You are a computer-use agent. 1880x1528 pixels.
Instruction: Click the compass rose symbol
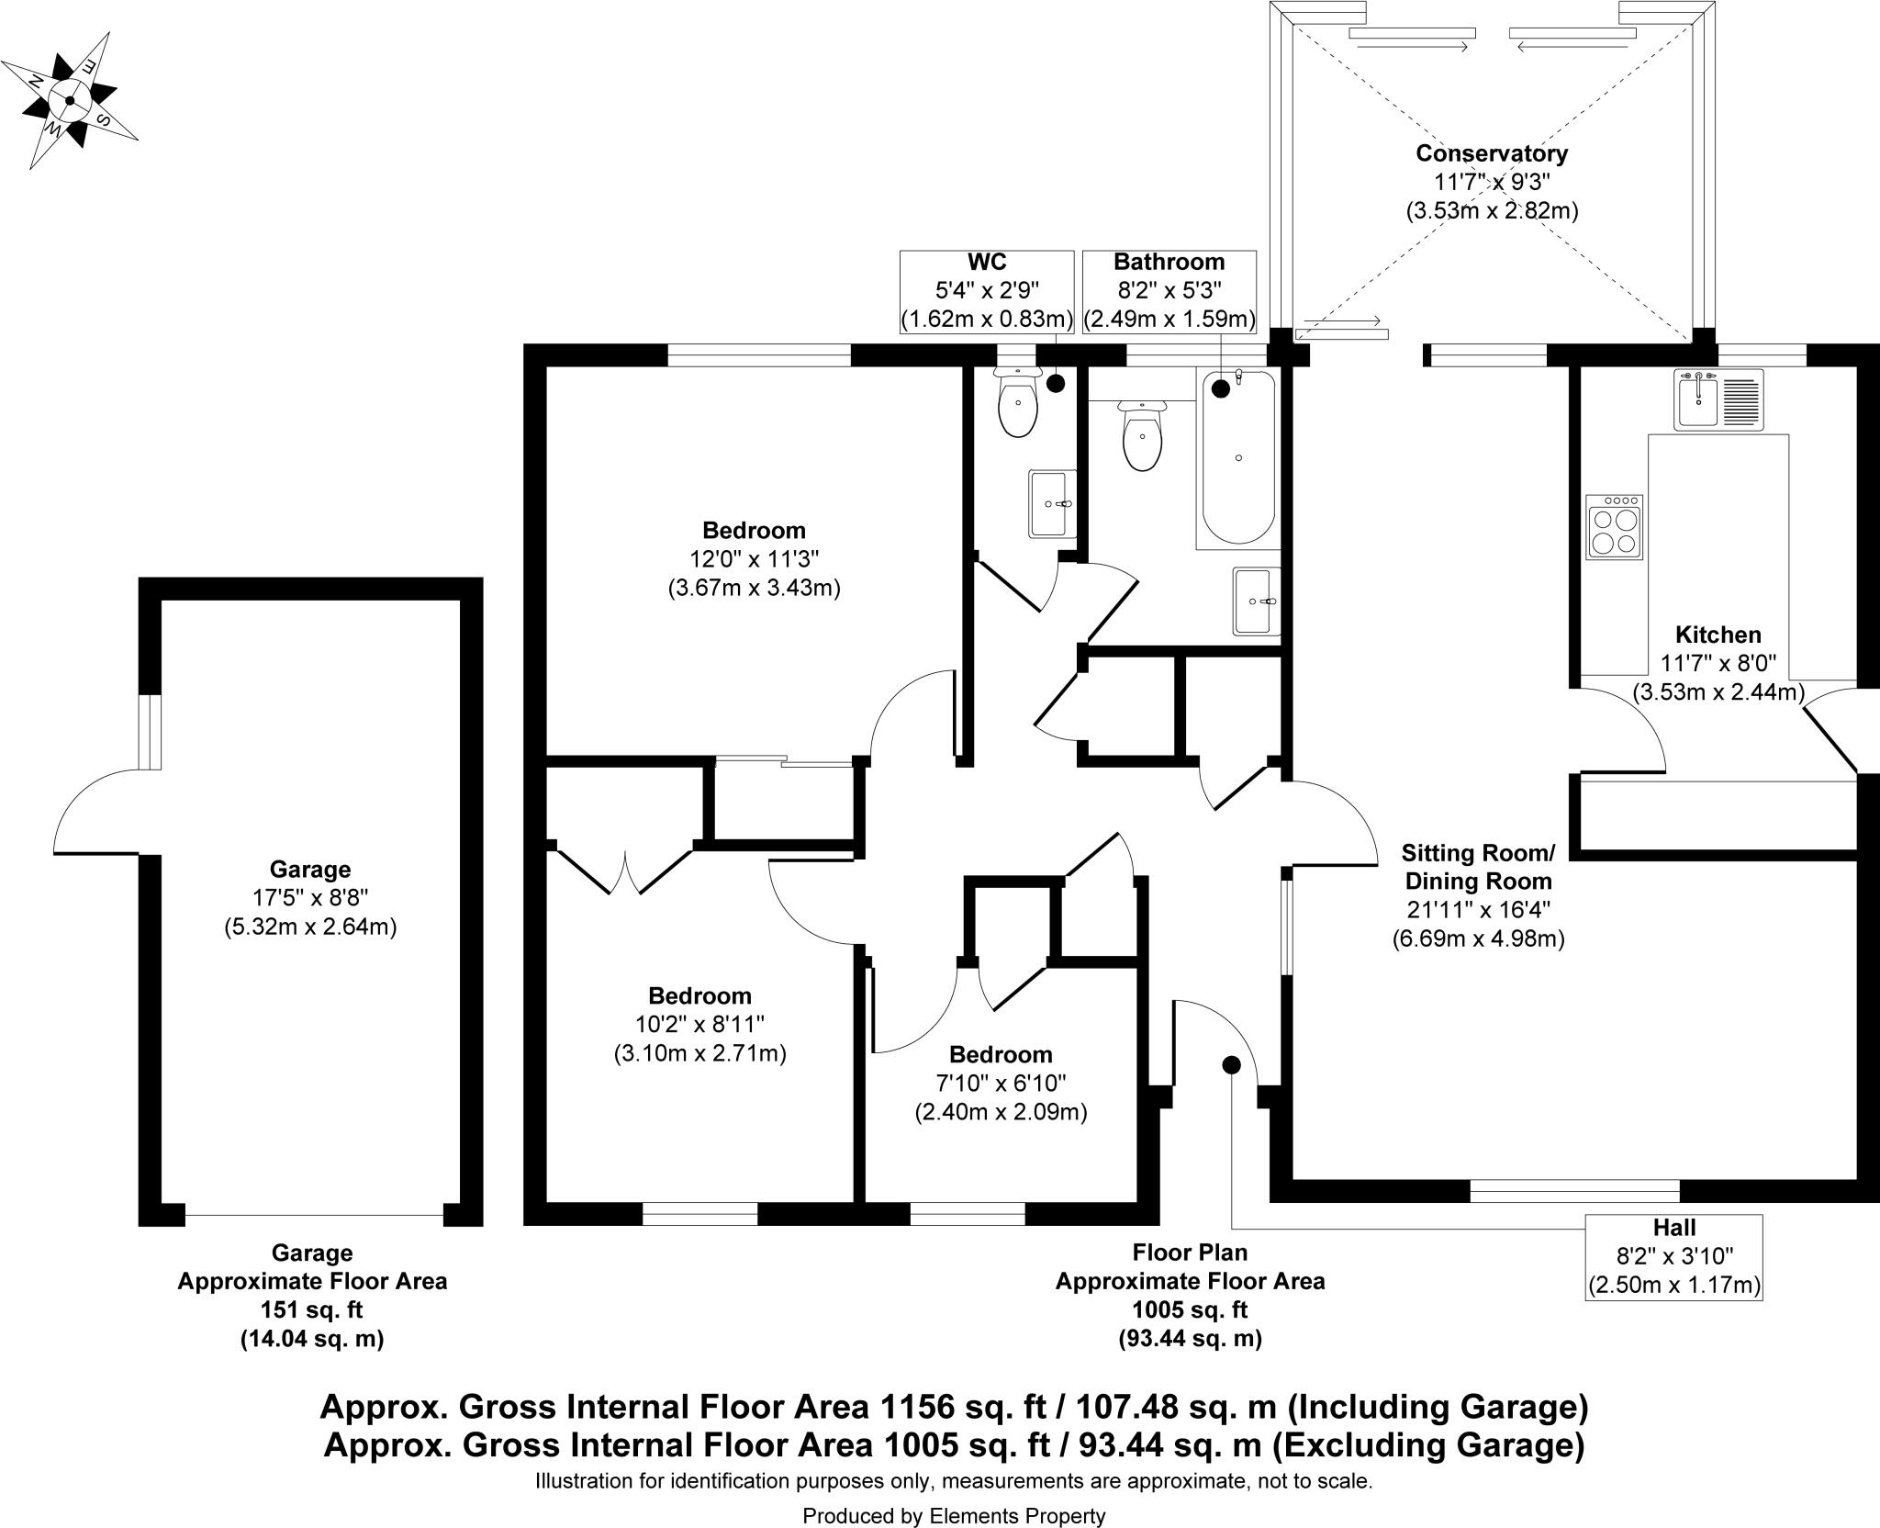click(70, 100)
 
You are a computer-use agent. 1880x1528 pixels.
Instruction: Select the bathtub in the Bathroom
click(1238, 459)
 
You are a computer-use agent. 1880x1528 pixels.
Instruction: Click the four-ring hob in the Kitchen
click(1614, 527)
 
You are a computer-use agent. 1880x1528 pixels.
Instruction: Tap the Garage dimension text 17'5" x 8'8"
click(309, 898)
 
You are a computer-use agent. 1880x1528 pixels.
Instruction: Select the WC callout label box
click(986, 291)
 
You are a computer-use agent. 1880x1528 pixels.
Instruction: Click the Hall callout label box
click(1673, 1256)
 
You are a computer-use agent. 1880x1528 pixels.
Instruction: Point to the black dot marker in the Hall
click(1231, 1064)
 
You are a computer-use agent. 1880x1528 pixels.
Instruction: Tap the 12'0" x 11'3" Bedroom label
click(754, 558)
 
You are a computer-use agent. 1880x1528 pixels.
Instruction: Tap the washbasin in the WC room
click(1052, 503)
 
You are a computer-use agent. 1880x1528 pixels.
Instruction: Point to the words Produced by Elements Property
click(954, 1516)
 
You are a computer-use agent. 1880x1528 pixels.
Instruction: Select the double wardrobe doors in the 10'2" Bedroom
click(625, 870)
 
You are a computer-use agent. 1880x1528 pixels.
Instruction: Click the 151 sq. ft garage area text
click(312, 1309)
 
